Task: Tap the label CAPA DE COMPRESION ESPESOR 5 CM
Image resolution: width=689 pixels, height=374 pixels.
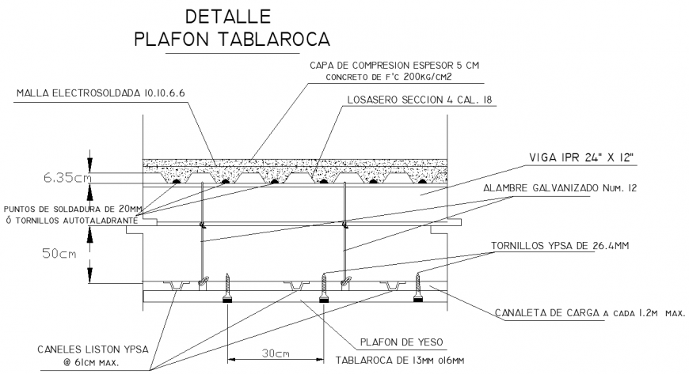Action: pyautogui.click(x=393, y=64)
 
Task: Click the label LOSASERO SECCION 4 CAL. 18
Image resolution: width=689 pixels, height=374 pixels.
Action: pyautogui.click(x=420, y=100)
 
